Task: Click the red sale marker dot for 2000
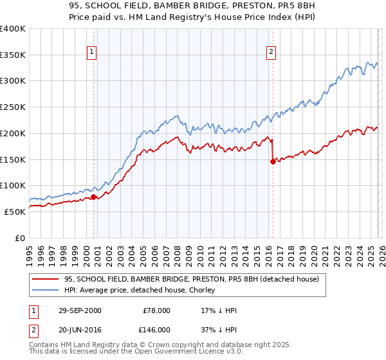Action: coord(94,197)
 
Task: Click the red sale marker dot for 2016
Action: coord(273,161)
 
